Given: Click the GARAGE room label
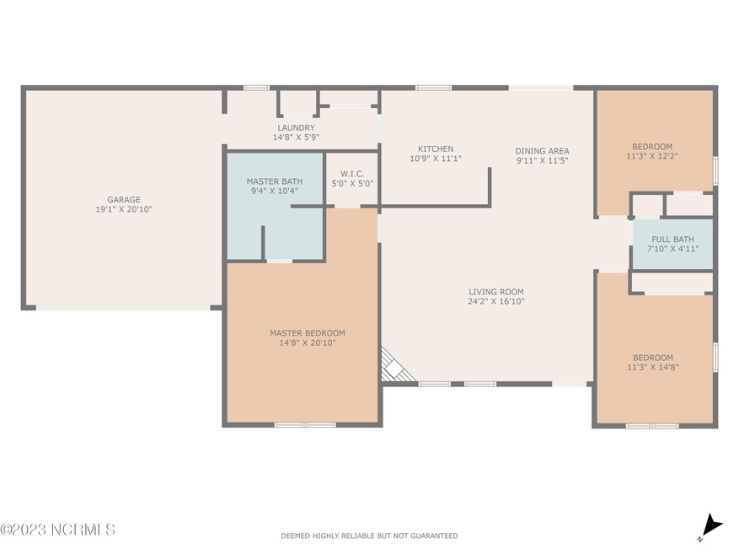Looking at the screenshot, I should pyautogui.click(x=123, y=200).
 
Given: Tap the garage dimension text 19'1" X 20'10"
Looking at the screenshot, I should pyautogui.click(x=123, y=210).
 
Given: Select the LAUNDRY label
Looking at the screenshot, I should pyautogui.click(x=295, y=128).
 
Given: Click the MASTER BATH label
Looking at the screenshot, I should pyautogui.click(x=274, y=181).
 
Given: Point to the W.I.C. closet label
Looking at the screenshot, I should pyautogui.click(x=352, y=173).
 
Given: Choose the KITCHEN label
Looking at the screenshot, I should pyautogui.click(x=435, y=148).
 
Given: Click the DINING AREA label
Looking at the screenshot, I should pyautogui.click(x=542, y=151).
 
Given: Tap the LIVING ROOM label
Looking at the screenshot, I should pyautogui.click(x=496, y=291).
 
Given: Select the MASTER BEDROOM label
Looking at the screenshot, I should pyautogui.click(x=307, y=333).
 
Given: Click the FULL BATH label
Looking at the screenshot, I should pyautogui.click(x=672, y=240).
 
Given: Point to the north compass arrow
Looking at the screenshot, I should pyautogui.click(x=711, y=525).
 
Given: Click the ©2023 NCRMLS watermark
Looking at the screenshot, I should pyautogui.click(x=57, y=530).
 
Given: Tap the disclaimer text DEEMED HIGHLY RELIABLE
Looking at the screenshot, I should pyautogui.click(x=369, y=536).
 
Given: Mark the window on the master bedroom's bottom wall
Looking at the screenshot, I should pyautogui.click(x=305, y=424).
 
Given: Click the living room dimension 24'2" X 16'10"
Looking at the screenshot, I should pyautogui.click(x=496, y=301).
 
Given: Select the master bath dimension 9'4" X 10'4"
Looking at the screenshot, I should pyautogui.click(x=274, y=191).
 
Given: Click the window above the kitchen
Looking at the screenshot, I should pyautogui.click(x=433, y=87).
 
